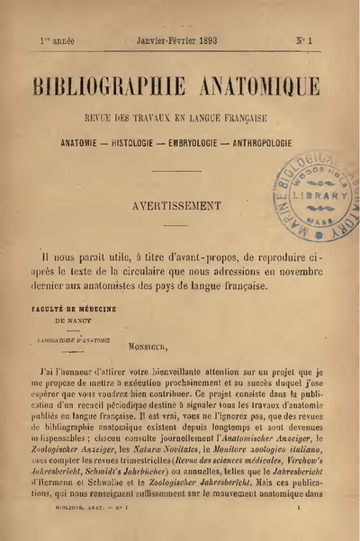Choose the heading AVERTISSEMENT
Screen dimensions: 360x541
tap(177, 204)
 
